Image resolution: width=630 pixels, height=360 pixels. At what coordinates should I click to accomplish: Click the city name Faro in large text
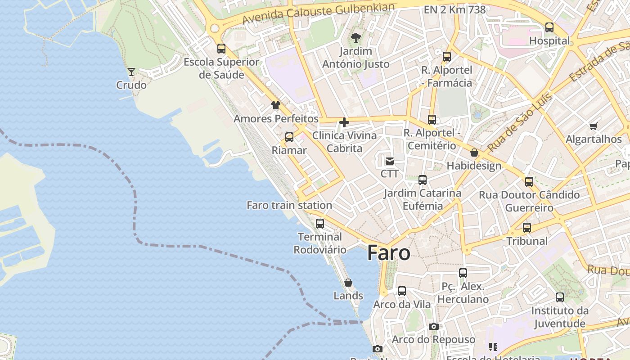[x=389, y=253]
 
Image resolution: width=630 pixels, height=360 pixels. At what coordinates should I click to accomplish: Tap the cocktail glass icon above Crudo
[x=131, y=72]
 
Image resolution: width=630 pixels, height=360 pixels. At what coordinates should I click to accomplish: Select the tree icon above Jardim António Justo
[x=356, y=37]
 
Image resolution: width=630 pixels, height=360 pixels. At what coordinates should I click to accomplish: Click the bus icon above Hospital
[x=549, y=27]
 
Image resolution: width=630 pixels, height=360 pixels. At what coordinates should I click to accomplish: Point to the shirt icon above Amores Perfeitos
[x=276, y=105]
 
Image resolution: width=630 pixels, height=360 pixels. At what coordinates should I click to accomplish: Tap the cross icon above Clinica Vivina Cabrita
[x=344, y=122]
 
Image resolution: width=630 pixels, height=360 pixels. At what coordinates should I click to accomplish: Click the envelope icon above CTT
[x=390, y=161]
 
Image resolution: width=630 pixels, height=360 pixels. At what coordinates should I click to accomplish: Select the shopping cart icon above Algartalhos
[x=594, y=126]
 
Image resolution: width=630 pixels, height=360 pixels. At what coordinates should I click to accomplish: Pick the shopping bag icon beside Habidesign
[x=474, y=153]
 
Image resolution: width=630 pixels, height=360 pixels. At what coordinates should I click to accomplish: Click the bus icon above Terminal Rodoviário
[x=320, y=223]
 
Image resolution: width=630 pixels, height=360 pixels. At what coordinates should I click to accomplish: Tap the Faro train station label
[x=289, y=205]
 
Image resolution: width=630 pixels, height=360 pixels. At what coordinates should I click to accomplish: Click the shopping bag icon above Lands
[x=348, y=283]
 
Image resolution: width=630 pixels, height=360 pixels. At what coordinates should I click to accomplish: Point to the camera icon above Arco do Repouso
[x=434, y=326]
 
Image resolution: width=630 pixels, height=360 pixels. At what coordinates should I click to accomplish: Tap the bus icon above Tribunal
[x=527, y=227]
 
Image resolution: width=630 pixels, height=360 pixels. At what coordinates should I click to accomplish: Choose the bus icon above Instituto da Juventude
[x=560, y=297]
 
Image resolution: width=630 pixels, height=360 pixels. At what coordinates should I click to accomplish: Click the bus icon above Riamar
[x=289, y=137]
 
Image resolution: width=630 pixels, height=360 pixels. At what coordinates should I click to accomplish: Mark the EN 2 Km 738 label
[x=454, y=9]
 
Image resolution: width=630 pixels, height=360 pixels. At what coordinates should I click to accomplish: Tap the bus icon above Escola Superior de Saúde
[x=221, y=48]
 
